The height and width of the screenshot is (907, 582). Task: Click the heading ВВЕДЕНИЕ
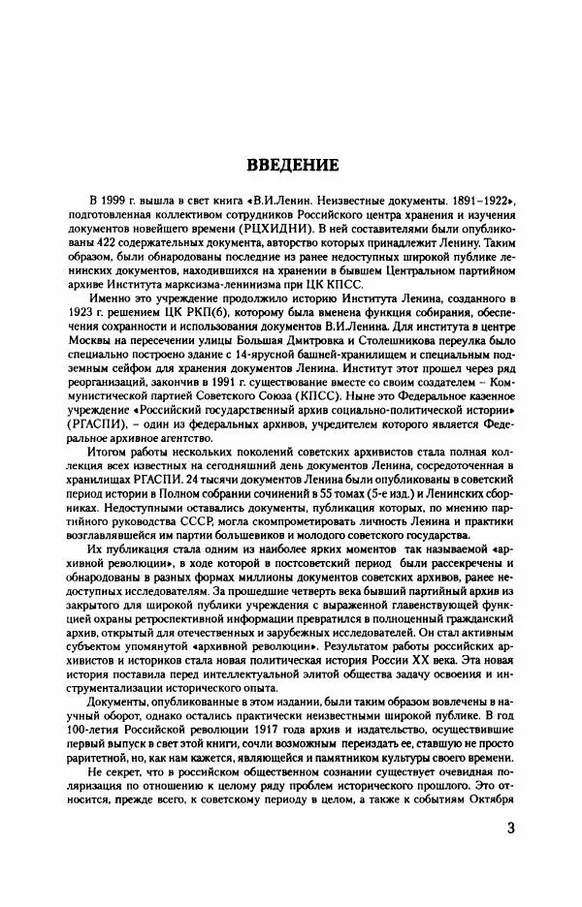pyautogui.click(x=291, y=165)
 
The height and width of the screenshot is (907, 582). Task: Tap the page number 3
pyautogui.click(x=512, y=831)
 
